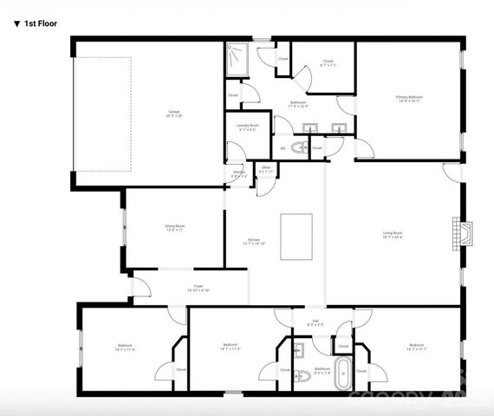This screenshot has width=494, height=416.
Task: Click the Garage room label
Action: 174,114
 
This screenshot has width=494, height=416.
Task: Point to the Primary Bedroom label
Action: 409,98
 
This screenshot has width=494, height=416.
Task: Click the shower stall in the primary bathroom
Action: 237,57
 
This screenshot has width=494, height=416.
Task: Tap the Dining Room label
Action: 175,229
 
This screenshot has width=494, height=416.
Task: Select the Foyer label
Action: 198,288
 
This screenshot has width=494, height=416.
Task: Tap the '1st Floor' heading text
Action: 36,23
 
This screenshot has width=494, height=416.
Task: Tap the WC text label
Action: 283,148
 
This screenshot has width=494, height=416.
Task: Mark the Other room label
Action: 265,169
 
